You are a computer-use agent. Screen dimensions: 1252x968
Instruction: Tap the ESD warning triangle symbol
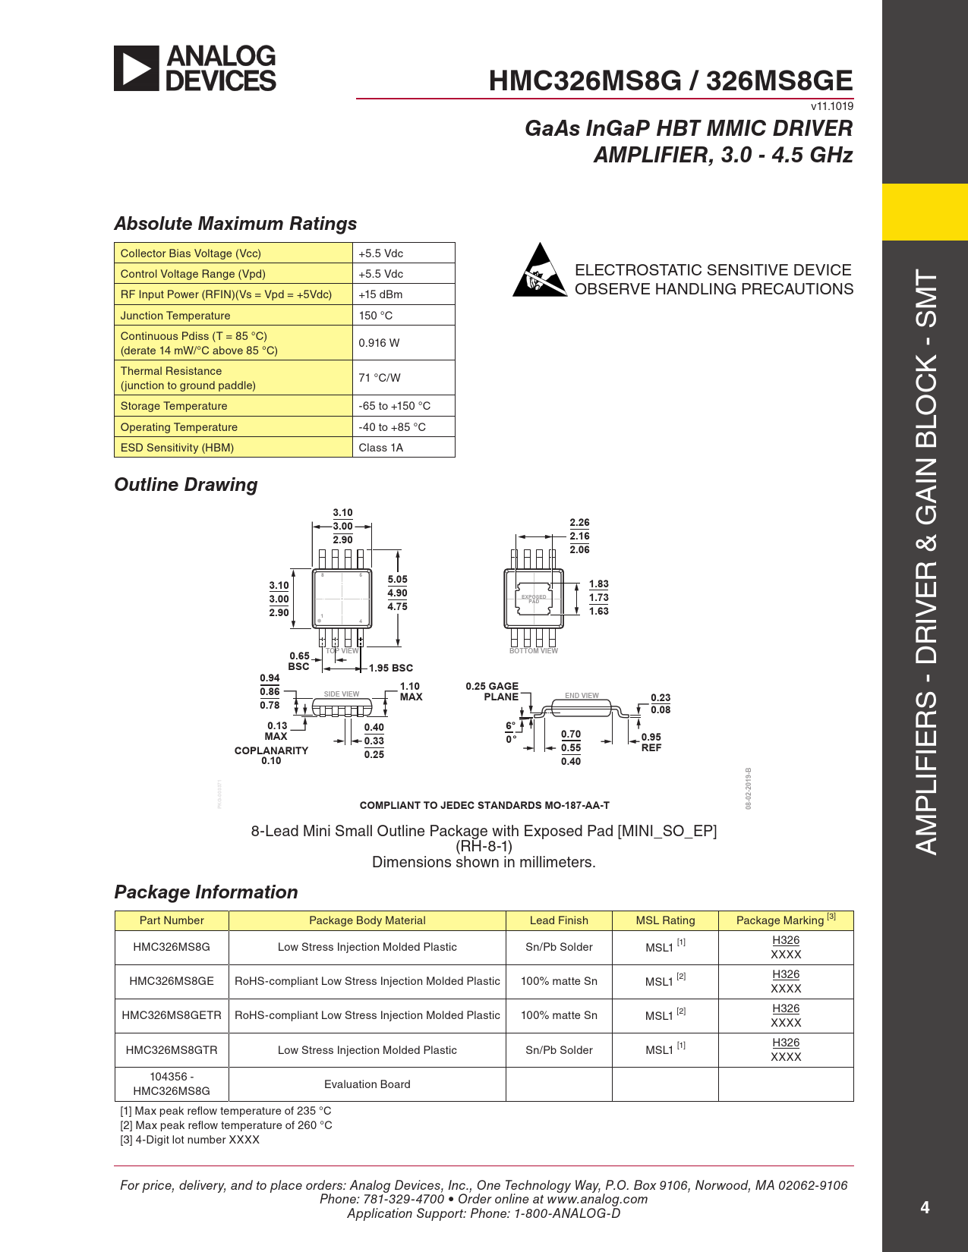[539, 270]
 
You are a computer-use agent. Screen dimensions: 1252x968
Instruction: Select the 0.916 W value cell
[379, 343]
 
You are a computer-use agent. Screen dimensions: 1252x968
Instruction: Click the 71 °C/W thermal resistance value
[379, 378]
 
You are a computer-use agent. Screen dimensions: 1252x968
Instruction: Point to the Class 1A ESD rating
[380, 448]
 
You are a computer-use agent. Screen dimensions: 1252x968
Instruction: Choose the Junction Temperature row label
[175, 316]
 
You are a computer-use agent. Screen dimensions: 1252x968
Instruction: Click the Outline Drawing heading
[186, 485]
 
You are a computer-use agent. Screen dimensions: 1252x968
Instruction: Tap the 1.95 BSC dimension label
[391, 668]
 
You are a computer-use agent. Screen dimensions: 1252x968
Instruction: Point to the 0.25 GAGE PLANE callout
[493, 691]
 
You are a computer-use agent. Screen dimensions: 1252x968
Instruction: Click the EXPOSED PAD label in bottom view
[534, 599]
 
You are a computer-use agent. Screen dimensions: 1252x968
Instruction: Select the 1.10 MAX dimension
[411, 691]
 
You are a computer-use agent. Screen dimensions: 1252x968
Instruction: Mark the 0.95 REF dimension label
[651, 742]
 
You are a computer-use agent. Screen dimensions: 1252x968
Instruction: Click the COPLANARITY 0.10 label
[271, 756]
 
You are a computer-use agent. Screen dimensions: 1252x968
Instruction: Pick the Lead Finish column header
[559, 920]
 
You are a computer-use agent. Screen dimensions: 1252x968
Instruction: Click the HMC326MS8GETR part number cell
[172, 1015]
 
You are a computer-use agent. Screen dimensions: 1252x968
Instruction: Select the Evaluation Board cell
[367, 1084]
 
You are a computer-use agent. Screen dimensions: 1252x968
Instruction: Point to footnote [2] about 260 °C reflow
[226, 1125]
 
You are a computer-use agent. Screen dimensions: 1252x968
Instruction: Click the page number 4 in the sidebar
[925, 1207]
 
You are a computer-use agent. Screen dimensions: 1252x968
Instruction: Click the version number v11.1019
[832, 106]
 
